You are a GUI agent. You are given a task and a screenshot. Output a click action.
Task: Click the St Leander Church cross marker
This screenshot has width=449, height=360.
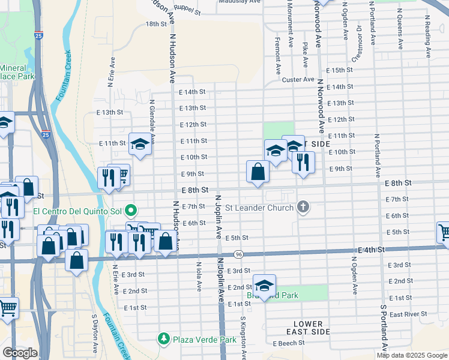coord(304,208)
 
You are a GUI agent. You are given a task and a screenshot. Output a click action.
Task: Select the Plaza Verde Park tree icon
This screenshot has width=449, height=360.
coord(164,339)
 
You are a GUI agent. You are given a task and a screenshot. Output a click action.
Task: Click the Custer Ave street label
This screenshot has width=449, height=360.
coord(298,79)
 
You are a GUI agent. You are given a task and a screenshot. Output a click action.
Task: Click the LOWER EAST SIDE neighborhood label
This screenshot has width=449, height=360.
coord(309,328)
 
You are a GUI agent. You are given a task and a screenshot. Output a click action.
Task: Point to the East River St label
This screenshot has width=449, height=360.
coord(408,314)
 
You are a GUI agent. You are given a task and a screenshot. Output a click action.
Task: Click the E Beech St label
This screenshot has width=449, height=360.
coord(291,344)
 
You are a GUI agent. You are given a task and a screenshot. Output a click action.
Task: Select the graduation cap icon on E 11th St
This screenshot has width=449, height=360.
coord(140,144)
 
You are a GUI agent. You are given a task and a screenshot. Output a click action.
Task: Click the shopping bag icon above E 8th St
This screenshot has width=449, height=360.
coord(258,172)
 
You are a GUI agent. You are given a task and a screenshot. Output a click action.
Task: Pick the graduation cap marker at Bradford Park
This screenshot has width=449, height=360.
coord(264,285)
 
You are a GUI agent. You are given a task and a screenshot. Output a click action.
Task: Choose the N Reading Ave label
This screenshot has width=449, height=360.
coord(428,36)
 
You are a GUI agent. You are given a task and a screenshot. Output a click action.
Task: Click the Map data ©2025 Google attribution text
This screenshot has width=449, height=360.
coord(411,355)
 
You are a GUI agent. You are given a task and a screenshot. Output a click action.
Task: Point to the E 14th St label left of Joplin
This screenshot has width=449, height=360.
coord(192,92)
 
